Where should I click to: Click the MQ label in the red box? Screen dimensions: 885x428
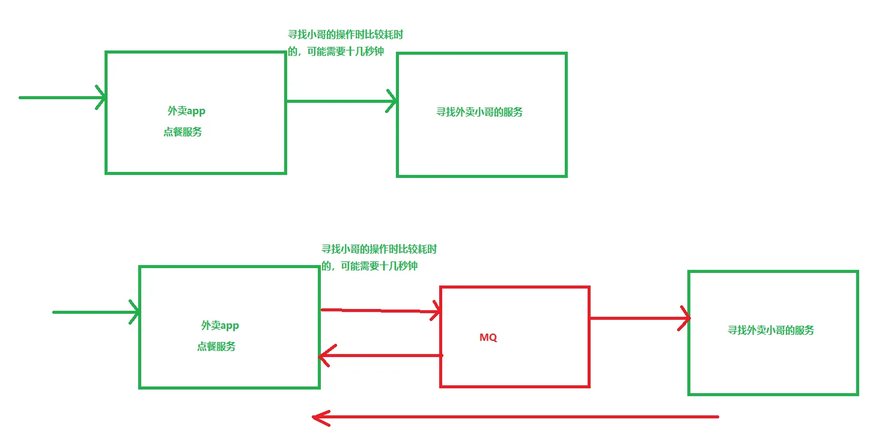coord(488,337)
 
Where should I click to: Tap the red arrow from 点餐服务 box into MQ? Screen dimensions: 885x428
coord(381,311)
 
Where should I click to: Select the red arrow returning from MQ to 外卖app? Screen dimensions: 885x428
coord(380,356)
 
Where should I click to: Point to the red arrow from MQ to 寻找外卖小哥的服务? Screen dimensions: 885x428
coord(640,318)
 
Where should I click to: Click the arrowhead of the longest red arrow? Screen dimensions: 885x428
coord(321,417)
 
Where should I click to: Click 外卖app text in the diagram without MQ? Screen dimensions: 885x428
coord(186,111)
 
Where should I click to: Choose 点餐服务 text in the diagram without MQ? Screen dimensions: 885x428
coord(183,132)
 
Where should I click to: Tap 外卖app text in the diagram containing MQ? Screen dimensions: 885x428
coord(220,325)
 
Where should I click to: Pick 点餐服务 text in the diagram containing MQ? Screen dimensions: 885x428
coord(216,347)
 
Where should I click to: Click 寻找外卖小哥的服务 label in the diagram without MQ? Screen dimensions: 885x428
coord(479,112)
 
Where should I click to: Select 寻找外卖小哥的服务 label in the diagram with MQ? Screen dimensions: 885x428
coord(771,330)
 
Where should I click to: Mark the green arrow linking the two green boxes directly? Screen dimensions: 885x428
coord(341,101)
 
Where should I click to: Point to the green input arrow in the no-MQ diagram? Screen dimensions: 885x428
coord(62,97)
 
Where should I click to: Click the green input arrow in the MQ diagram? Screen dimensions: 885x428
coord(96,312)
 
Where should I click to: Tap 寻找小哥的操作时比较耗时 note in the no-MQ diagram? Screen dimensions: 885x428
coord(345,35)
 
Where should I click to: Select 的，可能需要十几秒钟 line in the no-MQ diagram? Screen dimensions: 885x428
coord(336,51)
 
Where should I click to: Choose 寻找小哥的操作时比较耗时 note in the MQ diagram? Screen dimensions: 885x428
coord(379,249)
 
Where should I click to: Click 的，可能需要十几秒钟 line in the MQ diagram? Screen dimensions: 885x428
coord(370,266)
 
